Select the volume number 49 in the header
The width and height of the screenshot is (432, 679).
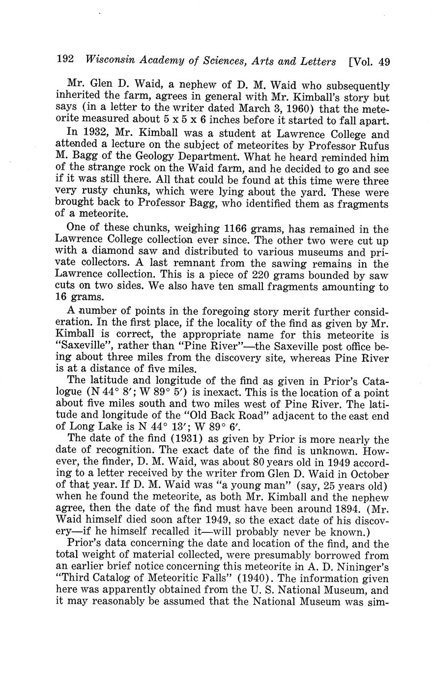384,62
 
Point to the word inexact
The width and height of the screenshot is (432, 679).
224,393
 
